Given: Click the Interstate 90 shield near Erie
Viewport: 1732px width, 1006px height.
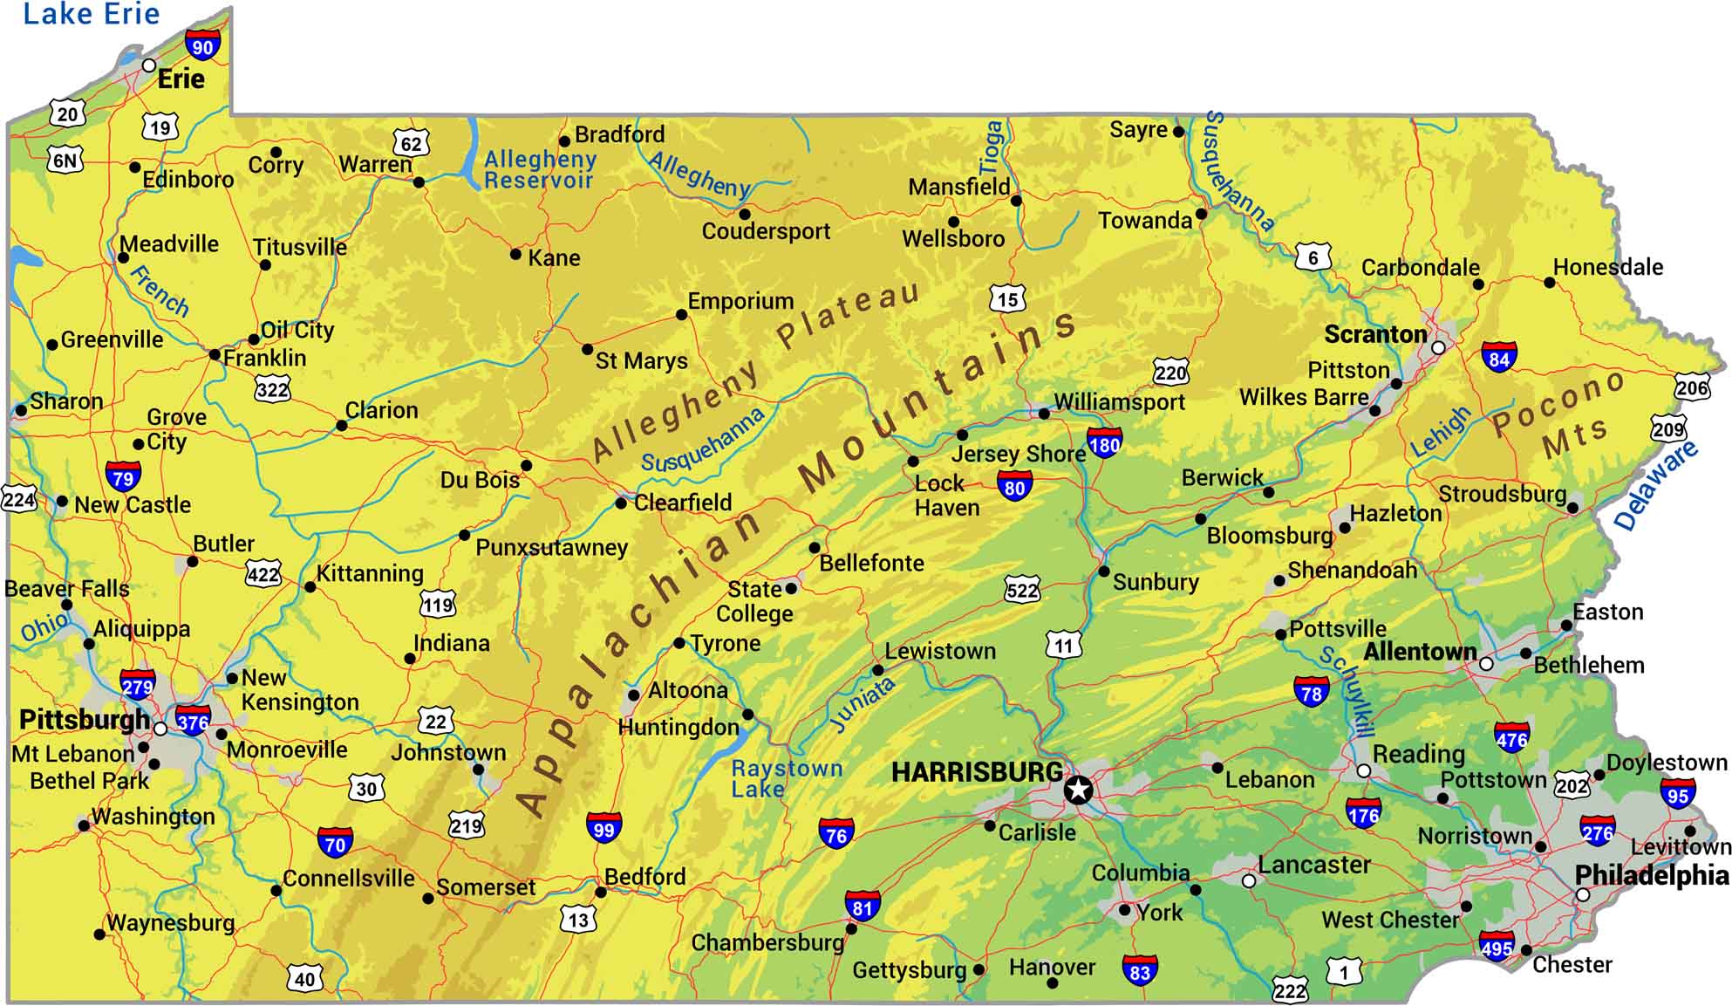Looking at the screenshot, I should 202,45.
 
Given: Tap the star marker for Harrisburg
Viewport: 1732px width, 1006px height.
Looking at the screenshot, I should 1079,790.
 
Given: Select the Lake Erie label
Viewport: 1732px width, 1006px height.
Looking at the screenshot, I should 91,14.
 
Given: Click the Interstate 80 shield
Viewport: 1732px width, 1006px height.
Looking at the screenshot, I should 1014,487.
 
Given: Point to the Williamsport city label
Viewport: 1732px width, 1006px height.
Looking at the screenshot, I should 1119,402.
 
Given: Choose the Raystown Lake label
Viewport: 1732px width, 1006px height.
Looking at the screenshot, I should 786,778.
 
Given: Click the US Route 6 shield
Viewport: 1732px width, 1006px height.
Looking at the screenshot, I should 1313,257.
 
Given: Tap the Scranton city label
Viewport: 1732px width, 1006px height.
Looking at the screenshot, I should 1375,334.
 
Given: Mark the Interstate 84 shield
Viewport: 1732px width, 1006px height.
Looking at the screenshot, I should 1499,358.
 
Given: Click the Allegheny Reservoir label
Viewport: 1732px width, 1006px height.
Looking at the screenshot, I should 540,169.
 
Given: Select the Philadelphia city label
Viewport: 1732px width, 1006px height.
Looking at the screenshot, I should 1651,875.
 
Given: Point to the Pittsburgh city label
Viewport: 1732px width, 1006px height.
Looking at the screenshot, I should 85,720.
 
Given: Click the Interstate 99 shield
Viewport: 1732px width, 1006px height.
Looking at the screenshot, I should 603,829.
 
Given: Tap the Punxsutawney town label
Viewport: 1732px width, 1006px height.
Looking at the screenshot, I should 551,548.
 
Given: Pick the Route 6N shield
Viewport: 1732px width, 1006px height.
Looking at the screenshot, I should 65,161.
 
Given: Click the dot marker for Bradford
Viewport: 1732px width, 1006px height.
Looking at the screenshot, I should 564,140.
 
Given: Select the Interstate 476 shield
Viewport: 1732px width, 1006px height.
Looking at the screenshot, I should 1511,739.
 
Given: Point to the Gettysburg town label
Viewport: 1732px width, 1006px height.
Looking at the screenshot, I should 909,970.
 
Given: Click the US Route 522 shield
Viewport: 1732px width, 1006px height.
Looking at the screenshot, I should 1022,591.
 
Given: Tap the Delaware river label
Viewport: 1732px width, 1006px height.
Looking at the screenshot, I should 1654,485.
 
